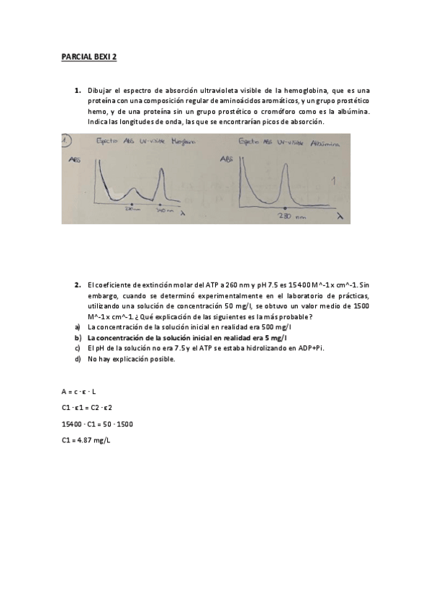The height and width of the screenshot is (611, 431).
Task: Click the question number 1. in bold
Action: click(x=77, y=91)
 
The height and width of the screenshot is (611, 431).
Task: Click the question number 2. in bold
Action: click(x=77, y=285)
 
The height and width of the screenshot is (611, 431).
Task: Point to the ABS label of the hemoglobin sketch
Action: click(x=73, y=162)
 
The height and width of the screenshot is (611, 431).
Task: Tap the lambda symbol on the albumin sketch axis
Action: click(x=338, y=215)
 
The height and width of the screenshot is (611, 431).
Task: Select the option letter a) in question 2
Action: click(x=78, y=326)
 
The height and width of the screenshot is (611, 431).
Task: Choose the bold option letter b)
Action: click(x=78, y=337)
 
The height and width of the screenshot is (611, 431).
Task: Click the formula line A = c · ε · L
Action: click(x=79, y=391)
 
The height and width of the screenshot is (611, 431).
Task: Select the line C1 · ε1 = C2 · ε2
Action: click(x=87, y=408)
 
